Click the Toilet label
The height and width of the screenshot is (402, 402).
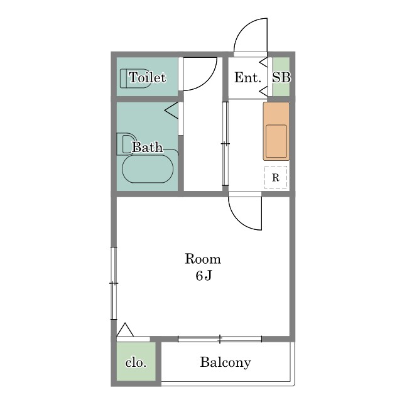pyautogui.click(x=147, y=77)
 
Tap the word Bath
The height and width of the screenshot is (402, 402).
pyautogui.click(x=148, y=147)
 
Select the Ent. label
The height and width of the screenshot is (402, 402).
pyautogui.click(x=247, y=77)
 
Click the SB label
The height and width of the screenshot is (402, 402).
pyautogui.click(x=281, y=77)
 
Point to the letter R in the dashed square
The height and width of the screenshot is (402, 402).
pyautogui.click(x=276, y=177)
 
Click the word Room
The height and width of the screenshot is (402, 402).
pyautogui.click(x=203, y=259)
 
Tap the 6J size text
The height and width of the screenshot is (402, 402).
pyautogui.click(x=204, y=276)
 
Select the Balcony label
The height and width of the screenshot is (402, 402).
pyautogui.click(x=225, y=363)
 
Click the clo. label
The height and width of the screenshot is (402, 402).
pyautogui.click(x=136, y=362)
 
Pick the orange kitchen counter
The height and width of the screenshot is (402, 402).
pyautogui.click(x=276, y=131)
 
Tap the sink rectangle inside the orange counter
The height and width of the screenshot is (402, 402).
pyautogui.click(x=276, y=141)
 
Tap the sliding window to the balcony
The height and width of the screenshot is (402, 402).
pyautogui.click(x=220, y=339)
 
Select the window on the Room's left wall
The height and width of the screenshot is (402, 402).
pyautogui.click(x=114, y=283)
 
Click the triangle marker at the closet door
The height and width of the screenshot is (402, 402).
pyautogui.click(x=125, y=330)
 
